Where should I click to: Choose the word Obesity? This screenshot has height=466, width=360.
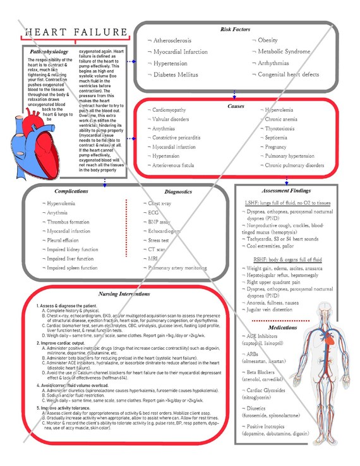(x=270, y=40)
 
